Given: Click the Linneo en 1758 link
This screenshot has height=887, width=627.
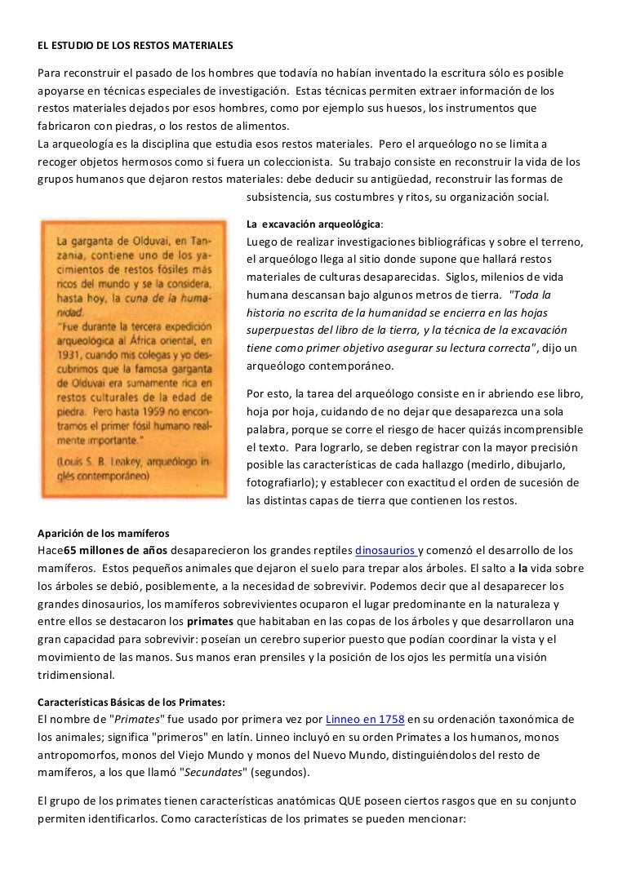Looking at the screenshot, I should [x=364, y=719].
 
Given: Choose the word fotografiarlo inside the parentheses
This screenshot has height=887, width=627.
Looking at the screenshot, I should [x=282, y=482].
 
